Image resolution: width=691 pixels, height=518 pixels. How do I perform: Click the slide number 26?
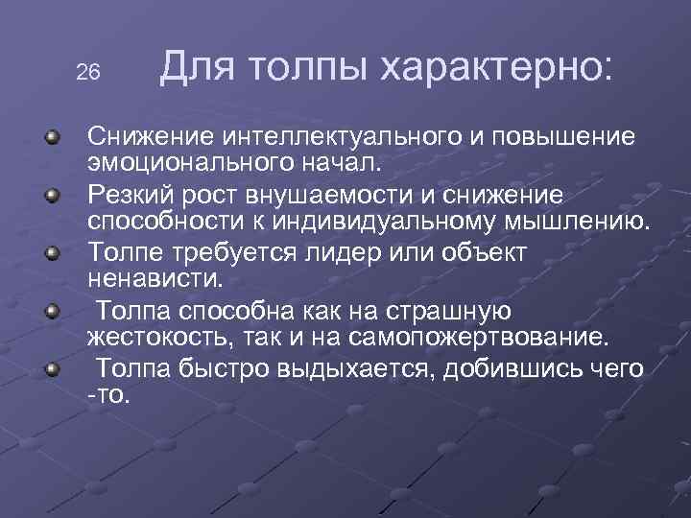[87, 73]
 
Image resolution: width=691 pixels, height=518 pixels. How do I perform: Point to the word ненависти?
[154, 280]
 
